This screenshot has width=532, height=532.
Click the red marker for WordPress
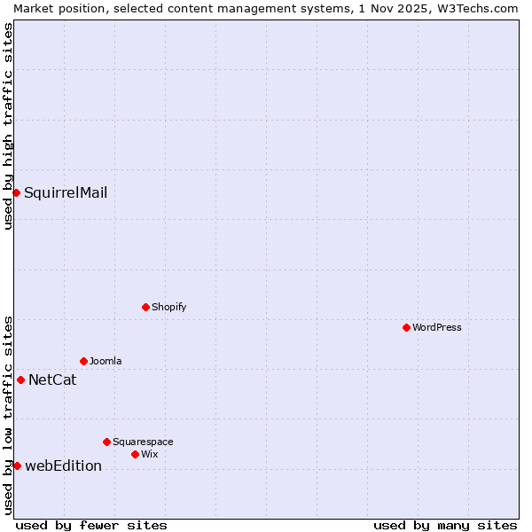406,327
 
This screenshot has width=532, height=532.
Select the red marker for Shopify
145,307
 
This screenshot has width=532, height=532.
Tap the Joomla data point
83,361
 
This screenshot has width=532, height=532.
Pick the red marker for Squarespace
106,442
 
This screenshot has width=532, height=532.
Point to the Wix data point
135,454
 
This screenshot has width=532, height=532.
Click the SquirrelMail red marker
16,192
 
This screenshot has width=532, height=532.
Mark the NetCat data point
20,379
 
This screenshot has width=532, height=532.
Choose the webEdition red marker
17,465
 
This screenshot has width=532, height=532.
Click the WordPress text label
437,327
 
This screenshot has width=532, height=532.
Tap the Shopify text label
168,307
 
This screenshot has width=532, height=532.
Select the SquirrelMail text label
66,192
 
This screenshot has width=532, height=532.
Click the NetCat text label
52,380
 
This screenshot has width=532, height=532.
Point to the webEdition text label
63,466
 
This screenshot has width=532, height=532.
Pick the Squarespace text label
143,442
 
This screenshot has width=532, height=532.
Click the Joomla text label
106,361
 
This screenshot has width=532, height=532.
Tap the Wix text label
149,454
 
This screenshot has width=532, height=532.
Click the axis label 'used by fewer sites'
91,525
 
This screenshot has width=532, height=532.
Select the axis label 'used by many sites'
445,525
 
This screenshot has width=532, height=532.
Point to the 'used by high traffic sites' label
8,126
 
